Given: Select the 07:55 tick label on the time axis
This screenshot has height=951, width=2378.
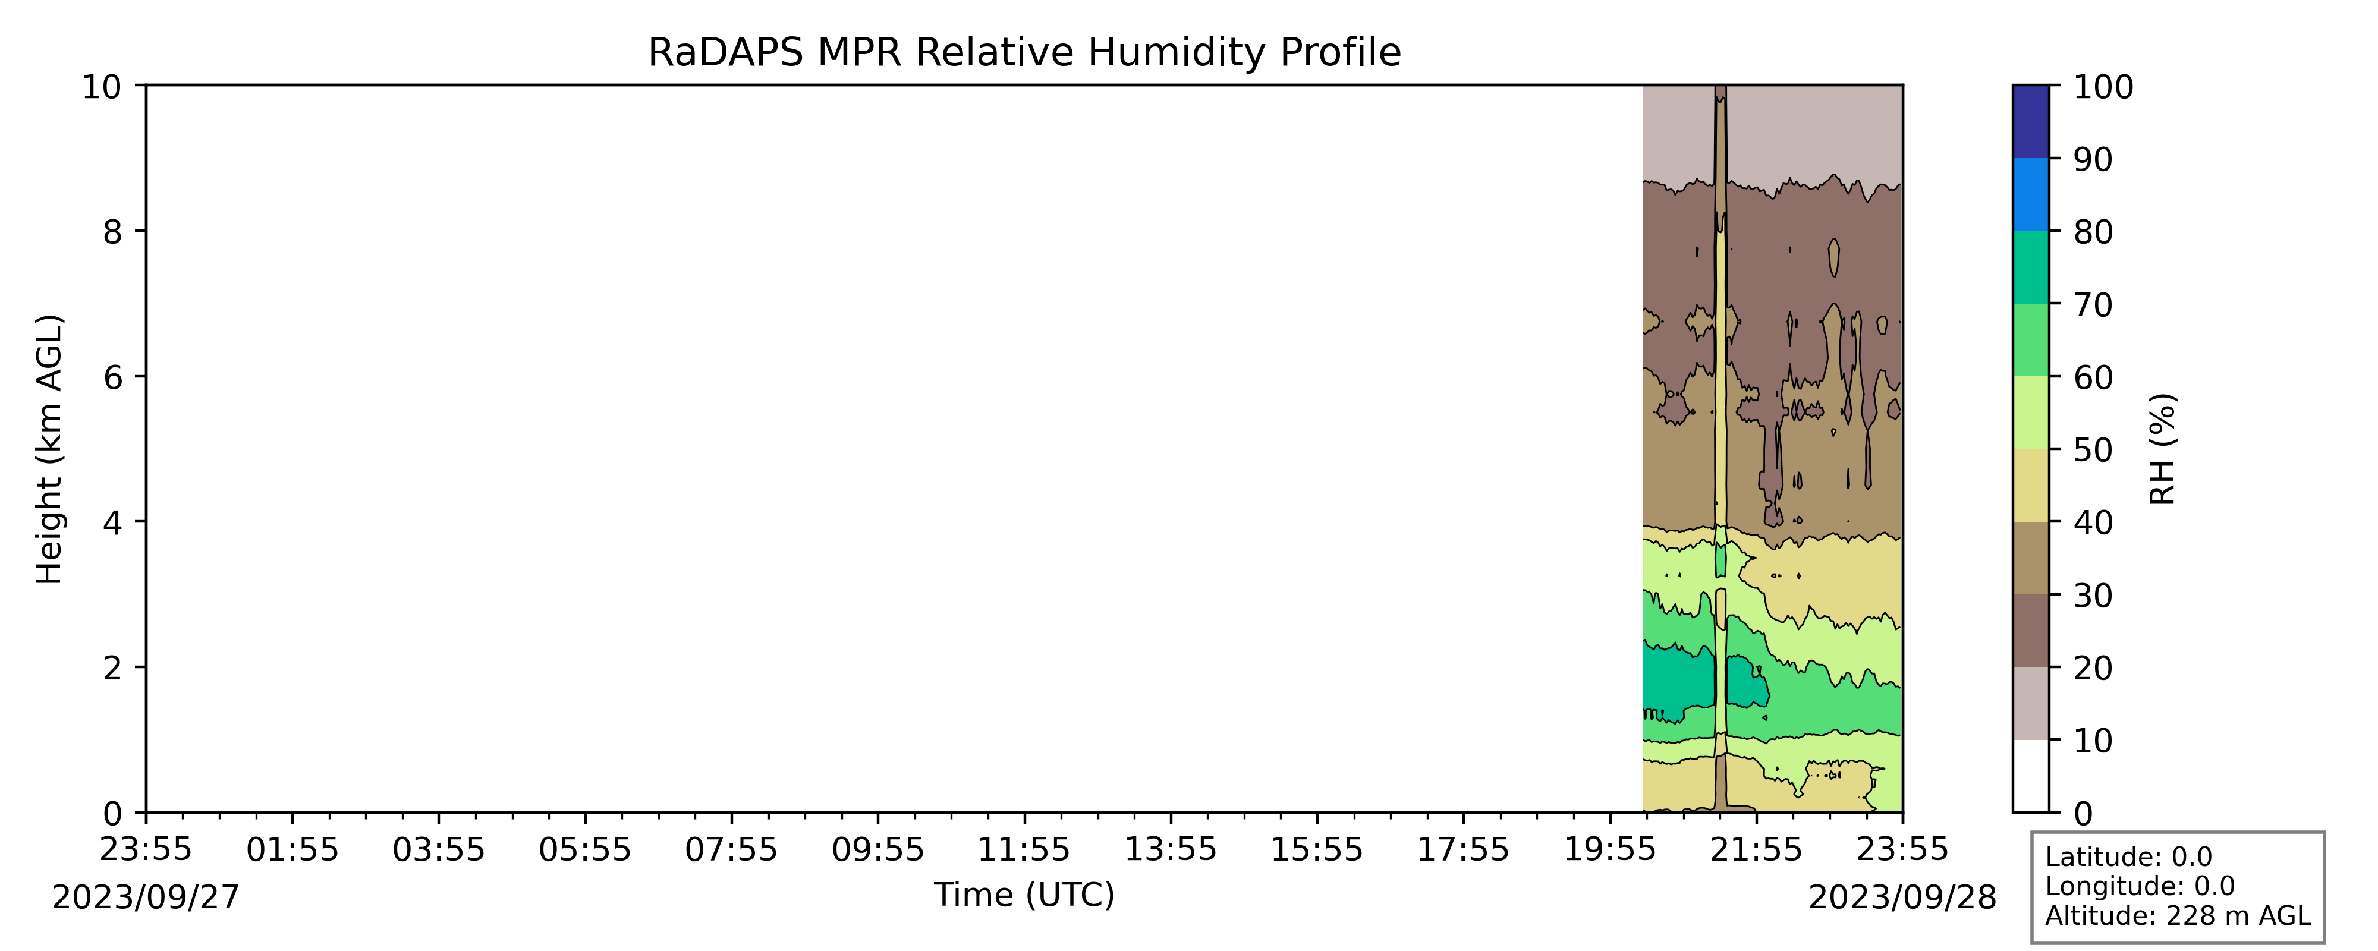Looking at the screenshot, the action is click(x=731, y=849).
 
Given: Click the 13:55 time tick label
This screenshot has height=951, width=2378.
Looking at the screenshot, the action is click(x=1171, y=849).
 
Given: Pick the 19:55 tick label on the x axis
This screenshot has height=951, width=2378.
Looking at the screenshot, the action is click(x=1610, y=849).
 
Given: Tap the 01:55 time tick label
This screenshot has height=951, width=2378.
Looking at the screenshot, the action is click(x=292, y=849).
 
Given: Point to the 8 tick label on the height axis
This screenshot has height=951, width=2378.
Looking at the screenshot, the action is click(x=112, y=232).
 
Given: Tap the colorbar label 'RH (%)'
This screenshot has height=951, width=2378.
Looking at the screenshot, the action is click(x=2163, y=450).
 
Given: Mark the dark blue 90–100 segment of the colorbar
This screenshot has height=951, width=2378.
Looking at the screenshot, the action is click(x=2030, y=122).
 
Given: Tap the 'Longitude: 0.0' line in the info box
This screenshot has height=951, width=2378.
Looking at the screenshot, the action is click(x=2140, y=886).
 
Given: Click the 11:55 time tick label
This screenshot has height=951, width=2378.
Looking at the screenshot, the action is click(x=1024, y=849).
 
